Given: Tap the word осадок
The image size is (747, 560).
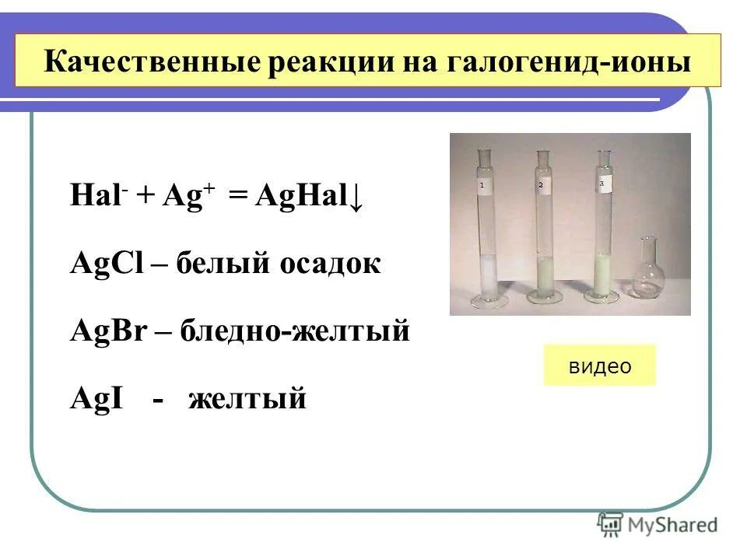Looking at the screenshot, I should [x=328, y=264].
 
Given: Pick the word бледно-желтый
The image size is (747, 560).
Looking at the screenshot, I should [x=295, y=331].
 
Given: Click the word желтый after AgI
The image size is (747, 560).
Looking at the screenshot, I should [x=247, y=399].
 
